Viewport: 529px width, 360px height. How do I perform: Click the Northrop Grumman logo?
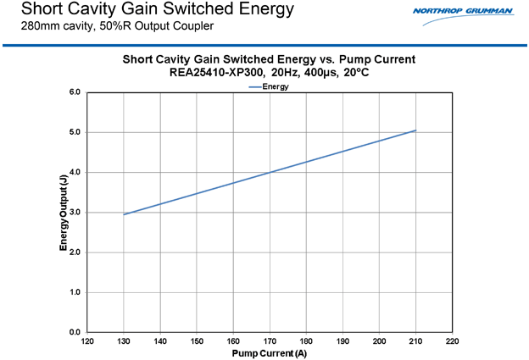[463, 11]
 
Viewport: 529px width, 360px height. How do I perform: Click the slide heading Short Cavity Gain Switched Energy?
[158, 9]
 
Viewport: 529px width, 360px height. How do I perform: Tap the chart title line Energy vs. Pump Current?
[269, 59]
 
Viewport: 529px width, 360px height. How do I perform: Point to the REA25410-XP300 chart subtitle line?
[269, 73]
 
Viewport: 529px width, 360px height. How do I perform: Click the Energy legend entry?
[270, 86]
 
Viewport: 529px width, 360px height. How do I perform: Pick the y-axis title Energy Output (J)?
[64, 212]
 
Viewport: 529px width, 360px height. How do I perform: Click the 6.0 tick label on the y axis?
[75, 91]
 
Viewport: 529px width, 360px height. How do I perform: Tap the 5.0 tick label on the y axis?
[75, 132]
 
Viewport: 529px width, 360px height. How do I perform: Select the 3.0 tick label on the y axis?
[75, 213]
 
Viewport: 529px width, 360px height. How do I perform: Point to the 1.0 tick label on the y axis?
[75, 292]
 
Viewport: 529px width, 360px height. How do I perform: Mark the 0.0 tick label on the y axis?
[75, 332]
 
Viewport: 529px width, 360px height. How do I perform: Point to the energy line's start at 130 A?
[124, 214]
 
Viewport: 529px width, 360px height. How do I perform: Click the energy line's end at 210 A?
[415, 130]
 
